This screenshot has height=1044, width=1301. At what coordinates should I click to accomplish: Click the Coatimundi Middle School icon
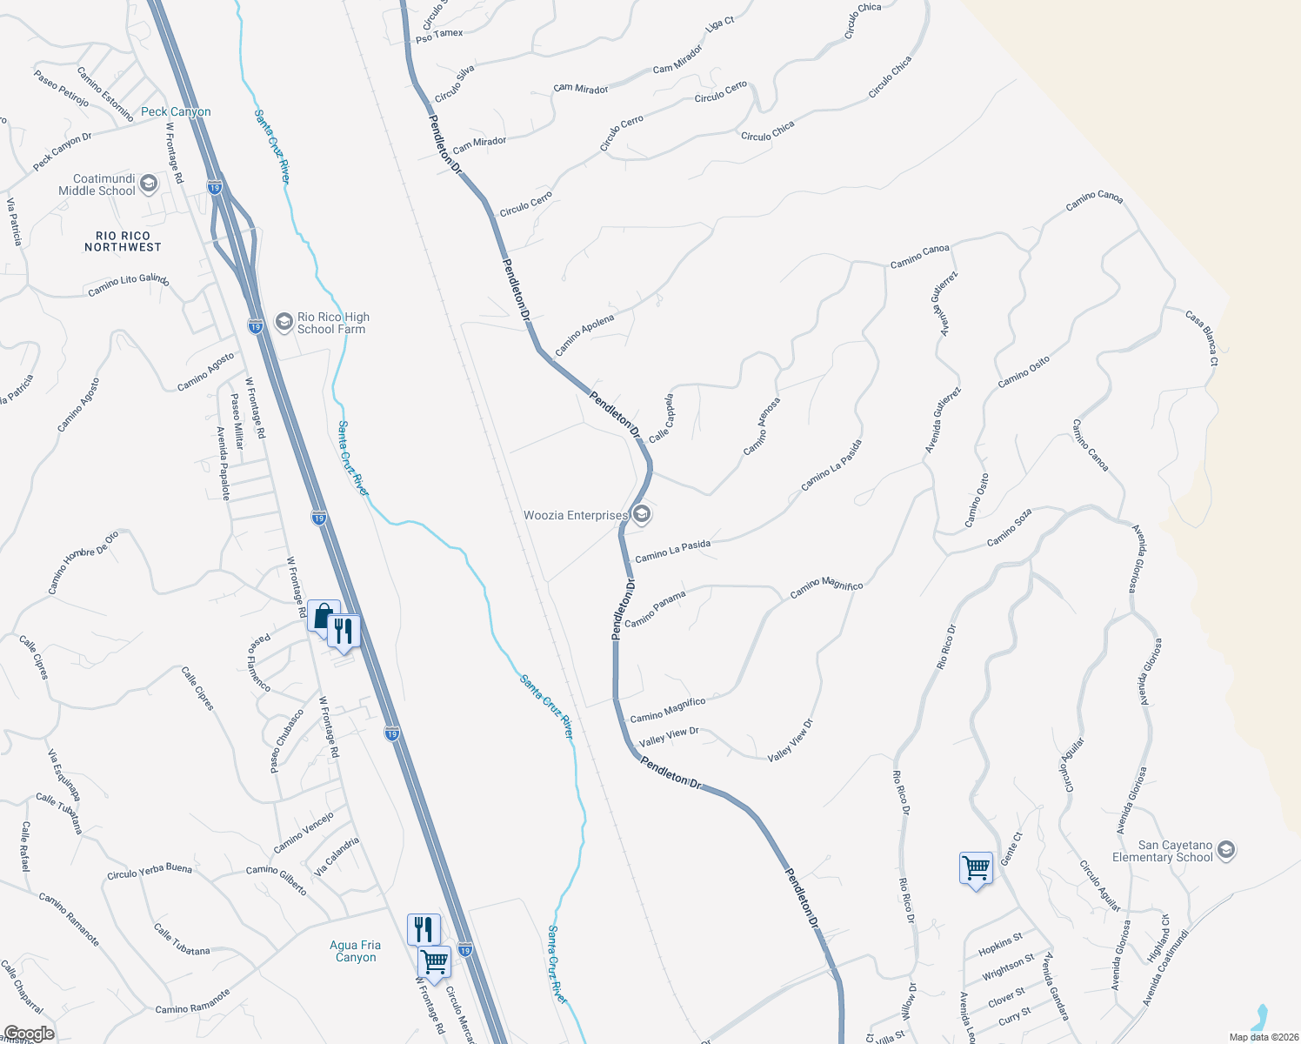coord(148,184)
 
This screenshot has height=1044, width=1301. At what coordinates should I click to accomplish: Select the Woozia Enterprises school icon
coord(641,515)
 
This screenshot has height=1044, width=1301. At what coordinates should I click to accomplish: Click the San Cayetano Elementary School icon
coord(1226,850)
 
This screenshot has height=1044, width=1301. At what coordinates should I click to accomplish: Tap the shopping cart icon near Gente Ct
coord(976,868)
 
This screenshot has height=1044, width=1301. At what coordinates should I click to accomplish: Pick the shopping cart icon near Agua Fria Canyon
coord(434,963)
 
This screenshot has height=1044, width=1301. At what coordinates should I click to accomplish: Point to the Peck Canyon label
coord(176,111)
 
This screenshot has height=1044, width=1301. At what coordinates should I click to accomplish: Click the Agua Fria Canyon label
coord(356,951)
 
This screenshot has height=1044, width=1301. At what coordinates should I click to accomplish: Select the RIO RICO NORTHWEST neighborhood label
coord(123,242)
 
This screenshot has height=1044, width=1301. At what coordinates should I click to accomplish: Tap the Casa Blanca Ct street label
coord(1202,338)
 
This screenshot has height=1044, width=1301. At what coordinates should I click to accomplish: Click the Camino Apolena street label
coord(584,335)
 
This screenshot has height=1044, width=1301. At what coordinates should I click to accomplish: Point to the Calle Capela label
coord(662,418)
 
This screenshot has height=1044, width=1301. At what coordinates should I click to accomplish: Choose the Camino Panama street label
coord(655,609)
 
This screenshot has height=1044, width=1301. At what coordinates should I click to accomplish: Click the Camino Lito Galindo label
coord(128,284)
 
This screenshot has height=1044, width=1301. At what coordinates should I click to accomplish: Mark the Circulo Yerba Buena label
coord(150,872)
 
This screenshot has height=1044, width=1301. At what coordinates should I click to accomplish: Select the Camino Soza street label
coord(1010,528)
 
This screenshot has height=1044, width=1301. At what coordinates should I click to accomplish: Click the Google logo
coord(28,1034)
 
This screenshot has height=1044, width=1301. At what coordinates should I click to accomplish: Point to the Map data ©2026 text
coord(1263,1037)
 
